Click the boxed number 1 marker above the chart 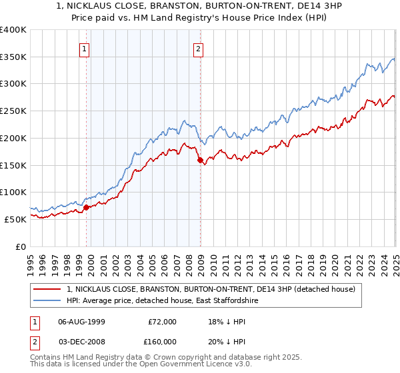85,48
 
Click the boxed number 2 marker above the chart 199,48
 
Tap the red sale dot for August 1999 87,208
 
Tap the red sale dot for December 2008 200,160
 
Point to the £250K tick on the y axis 14,111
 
